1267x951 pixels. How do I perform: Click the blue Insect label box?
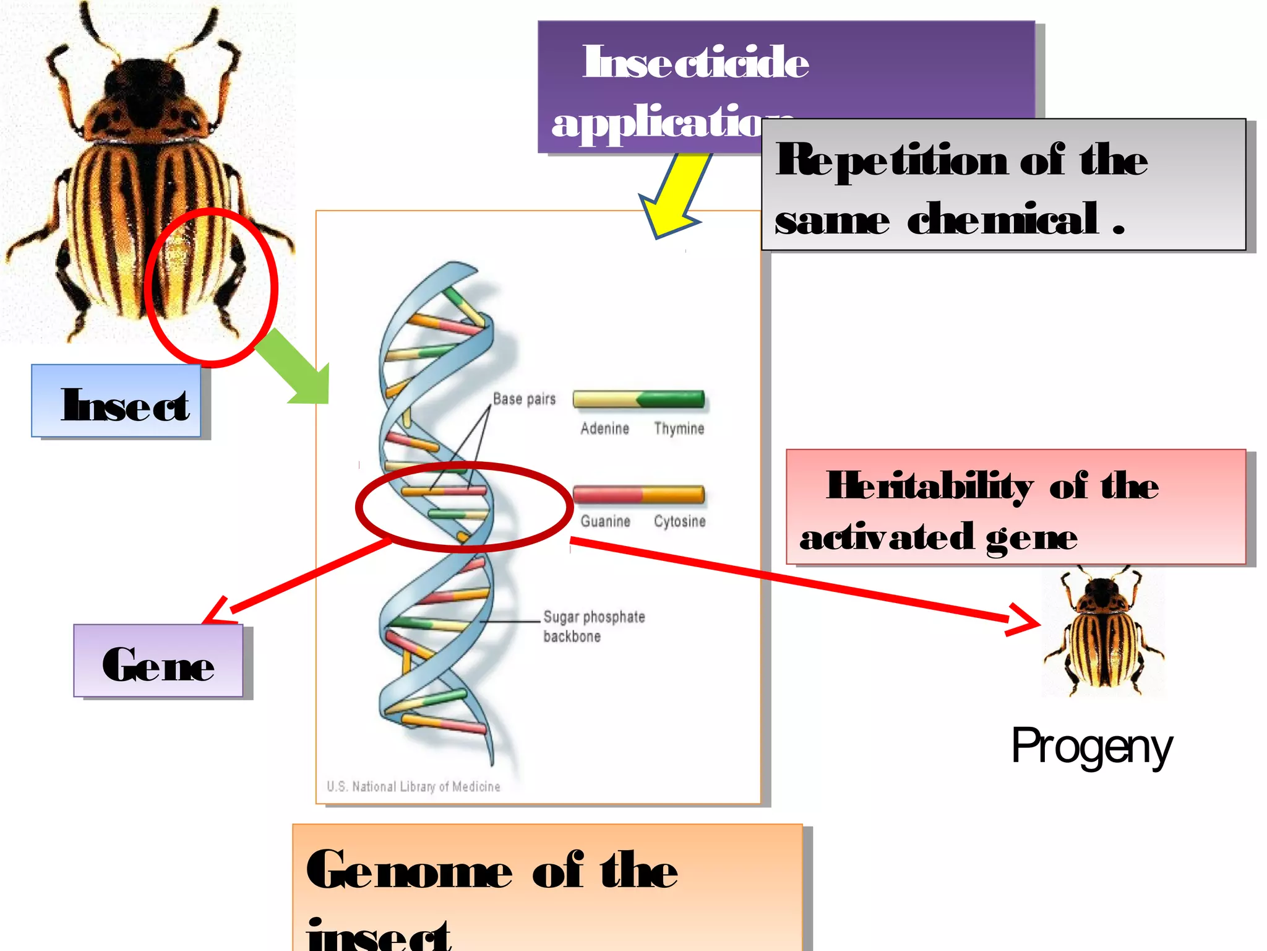tap(116, 401)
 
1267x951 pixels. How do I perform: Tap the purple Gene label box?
tap(158, 661)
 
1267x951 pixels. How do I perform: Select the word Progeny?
tap(1091, 747)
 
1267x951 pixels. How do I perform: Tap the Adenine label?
tap(604, 428)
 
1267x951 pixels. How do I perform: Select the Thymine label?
tap(679, 428)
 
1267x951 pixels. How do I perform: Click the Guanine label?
tap(605, 521)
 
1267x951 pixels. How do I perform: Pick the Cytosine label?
tap(679, 521)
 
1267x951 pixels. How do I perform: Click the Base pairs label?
tap(524, 399)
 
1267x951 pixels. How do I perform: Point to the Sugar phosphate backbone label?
tap(593, 626)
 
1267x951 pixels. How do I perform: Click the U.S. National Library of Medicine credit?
tap(413, 786)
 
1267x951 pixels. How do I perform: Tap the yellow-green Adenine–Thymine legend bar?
tap(638, 399)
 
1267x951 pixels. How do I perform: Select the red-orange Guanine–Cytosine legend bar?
tap(638, 494)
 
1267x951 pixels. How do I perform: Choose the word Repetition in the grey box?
tap(891, 160)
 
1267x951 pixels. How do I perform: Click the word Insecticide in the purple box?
tap(695, 63)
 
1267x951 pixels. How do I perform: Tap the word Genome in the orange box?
tap(408, 870)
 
